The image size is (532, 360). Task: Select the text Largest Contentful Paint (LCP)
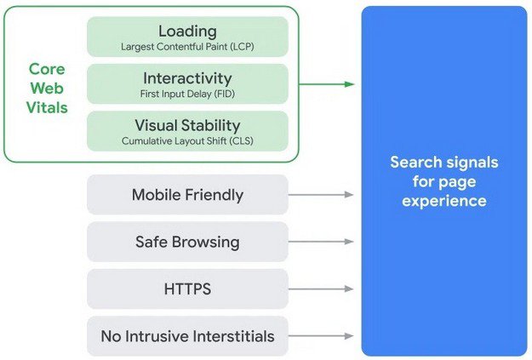pos(187,45)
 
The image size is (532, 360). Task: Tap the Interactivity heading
pos(187,77)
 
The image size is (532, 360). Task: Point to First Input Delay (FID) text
pos(187,93)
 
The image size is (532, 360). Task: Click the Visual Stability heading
pos(187,125)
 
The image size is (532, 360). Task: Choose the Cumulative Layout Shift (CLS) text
pos(187,140)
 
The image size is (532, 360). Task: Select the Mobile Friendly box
pos(187,195)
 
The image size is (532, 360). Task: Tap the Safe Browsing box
pos(187,242)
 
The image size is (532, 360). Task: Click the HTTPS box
pos(187,289)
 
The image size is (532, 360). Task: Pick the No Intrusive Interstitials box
pos(187,336)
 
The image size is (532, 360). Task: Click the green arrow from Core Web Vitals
pos(327,84)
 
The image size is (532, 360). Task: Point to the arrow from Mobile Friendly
pos(322,195)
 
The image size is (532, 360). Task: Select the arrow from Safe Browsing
pos(322,242)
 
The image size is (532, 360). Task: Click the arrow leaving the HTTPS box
pos(322,289)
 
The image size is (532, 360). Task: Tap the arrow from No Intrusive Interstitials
pos(322,336)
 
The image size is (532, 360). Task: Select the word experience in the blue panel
pos(443,201)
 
